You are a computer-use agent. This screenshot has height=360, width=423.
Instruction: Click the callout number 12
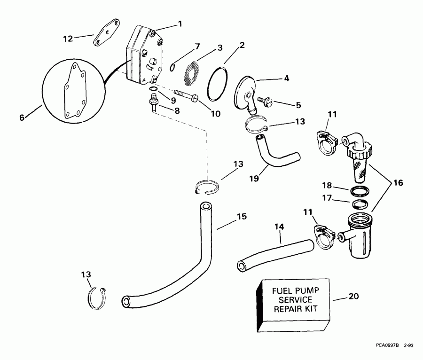tap(68, 39)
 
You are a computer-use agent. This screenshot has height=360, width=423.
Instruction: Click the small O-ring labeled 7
tap(172, 67)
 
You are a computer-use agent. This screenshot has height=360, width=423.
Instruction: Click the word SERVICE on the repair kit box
tap(291, 300)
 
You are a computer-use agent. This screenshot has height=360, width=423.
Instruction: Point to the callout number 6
tap(22, 118)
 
